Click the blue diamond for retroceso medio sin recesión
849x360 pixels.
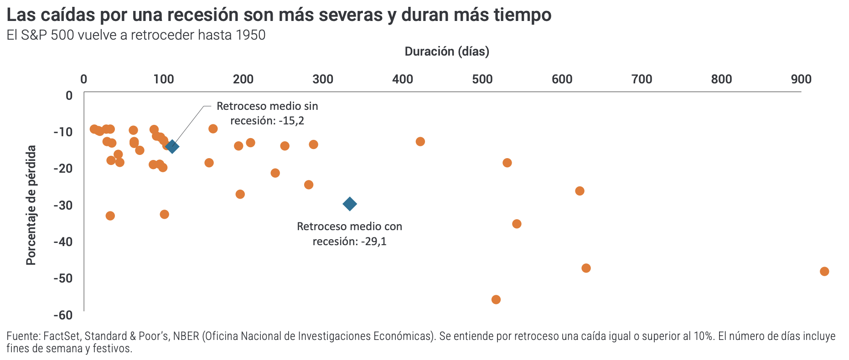(172, 146)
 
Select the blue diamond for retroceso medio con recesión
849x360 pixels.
(350, 204)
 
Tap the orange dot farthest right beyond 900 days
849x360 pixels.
(824, 271)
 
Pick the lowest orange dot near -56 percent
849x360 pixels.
(496, 299)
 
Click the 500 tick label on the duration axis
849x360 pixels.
(482, 79)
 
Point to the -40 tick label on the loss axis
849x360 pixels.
(63, 242)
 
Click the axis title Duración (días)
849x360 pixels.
(447, 51)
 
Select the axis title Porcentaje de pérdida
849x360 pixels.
(31, 205)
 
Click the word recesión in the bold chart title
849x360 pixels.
(202, 15)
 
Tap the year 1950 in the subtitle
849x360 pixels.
(250, 35)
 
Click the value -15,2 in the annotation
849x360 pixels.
(292, 121)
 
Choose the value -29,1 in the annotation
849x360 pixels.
(373, 242)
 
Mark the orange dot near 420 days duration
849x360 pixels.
(420, 141)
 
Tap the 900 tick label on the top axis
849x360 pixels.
(801, 79)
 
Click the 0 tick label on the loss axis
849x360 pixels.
(69, 95)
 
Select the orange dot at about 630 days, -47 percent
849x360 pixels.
(586, 268)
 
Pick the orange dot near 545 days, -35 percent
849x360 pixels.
(517, 224)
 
